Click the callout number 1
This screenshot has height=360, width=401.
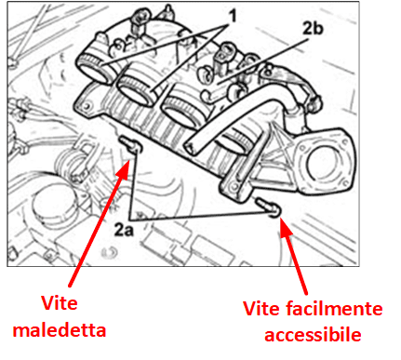tap(232, 16)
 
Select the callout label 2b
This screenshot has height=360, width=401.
tap(313, 28)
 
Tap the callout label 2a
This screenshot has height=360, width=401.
tap(124, 230)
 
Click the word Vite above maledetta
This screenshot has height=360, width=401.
tap(60, 303)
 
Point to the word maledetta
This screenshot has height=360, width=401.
tap(60, 329)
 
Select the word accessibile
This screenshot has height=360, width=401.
tap(313, 335)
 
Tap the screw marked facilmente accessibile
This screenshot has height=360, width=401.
tap(268, 207)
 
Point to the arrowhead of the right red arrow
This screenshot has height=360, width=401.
tap(285, 226)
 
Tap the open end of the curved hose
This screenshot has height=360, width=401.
tap(191, 147)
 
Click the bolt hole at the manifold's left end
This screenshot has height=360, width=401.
tap(88, 105)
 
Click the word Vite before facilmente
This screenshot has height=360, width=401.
tap(261, 309)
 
